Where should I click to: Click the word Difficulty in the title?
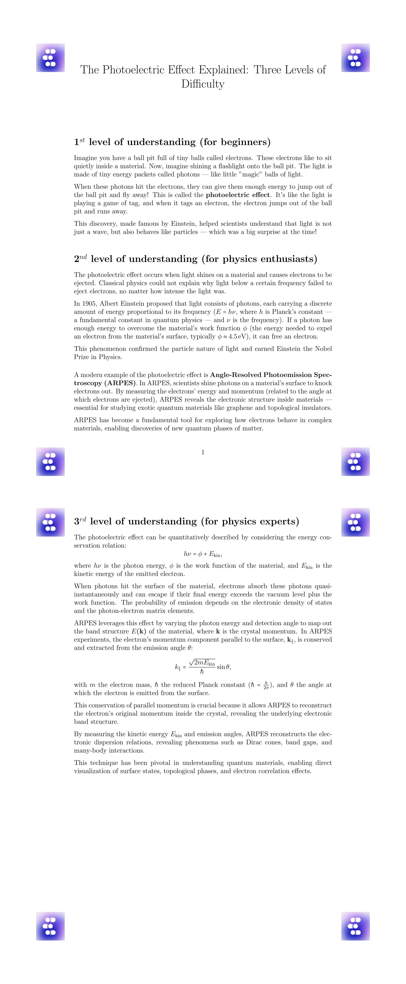203,84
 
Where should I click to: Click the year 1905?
89,304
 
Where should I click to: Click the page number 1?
203,452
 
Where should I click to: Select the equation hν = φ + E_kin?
203,554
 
